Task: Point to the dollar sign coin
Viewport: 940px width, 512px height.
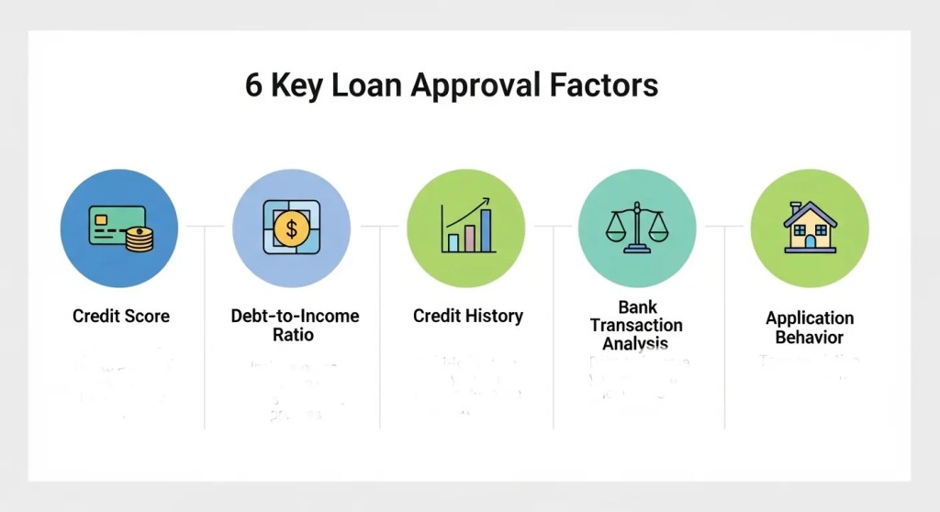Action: [x=292, y=227]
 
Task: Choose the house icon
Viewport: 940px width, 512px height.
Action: [x=810, y=227]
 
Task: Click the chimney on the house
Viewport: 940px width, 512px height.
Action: [x=797, y=207]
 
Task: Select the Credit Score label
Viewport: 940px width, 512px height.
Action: [x=121, y=316]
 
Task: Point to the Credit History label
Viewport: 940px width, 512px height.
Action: [x=467, y=316]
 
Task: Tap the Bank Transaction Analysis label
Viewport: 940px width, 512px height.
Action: [x=636, y=325]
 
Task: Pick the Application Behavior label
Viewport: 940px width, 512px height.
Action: [x=810, y=327]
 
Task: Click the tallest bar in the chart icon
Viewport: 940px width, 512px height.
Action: [x=486, y=230]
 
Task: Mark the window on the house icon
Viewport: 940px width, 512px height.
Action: [x=800, y=232]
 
